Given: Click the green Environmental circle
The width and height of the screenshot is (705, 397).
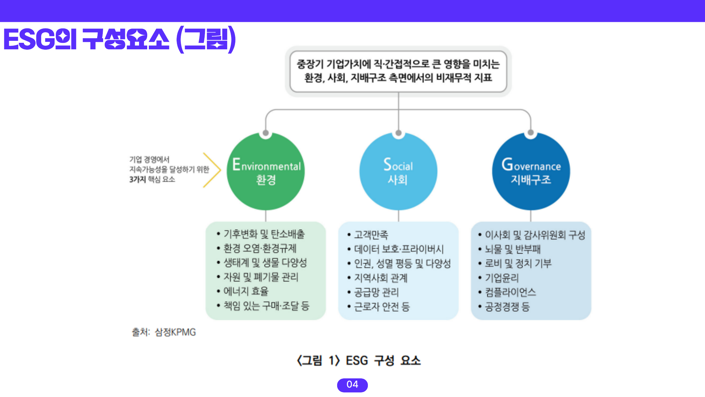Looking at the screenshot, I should pyautogui.click(x=266, y=172).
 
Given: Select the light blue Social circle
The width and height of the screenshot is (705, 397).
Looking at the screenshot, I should pyautogui.click(x=398, y=172).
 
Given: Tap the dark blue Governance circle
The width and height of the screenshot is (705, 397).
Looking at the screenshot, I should pyautogui.click(x=531, y=172).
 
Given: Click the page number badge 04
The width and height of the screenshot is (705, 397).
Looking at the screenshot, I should pyautogui.click(x=352, y=385).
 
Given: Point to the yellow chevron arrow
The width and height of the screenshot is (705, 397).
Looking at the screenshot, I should pyautogui.click(x=212, y=170).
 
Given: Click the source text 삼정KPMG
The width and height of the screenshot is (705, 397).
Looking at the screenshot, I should pyautogui.click(x=175, y=332).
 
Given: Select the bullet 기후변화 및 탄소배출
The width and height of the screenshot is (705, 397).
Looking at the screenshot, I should pyautogui.click(x=264, y=234).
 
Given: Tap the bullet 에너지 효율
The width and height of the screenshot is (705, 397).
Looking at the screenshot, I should pyautogui.click(x=246, y=291).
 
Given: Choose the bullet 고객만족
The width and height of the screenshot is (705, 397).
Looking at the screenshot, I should pyautogui.click(x=371, y=235).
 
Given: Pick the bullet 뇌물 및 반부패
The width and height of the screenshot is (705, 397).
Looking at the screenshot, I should pyautogui.click(x=513, y=249).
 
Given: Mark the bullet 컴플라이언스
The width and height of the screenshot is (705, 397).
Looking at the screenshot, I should pyautogui.click(x=510, y=292).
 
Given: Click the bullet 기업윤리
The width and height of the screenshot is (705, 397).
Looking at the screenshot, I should pyautogui.click(x=502, y=278).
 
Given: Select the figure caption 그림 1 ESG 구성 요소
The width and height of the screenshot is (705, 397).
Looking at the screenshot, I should pyautogui.click(x=359, y=361).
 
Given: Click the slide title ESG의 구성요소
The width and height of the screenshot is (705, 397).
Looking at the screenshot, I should pyautogui.click(x=119, y=40).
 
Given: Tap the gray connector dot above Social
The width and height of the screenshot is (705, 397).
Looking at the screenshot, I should pyautogui.click(x=399, y=133).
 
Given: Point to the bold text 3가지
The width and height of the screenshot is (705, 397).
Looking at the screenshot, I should pyautogui.click(x=137, y=179).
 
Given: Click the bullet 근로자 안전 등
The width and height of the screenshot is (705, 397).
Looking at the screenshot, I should pyautogui.click(x=382, y=306).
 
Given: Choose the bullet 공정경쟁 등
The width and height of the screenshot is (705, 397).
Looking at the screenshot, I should pyautogui.click(x=507, y=306).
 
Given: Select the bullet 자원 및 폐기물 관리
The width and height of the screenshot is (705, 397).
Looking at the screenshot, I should pyautogui.click(x=261, y=277).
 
